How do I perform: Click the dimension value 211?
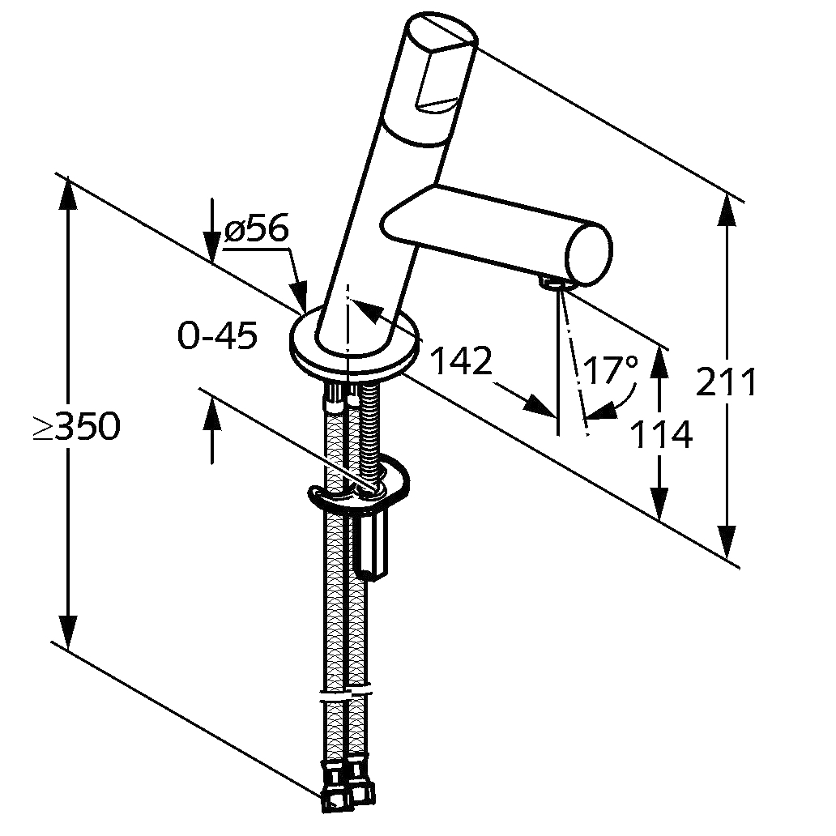(726, 382)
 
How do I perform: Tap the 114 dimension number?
(661, 434)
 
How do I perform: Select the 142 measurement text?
(461, 361)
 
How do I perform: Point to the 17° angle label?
(611, 369)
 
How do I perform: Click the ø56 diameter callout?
(257, 230)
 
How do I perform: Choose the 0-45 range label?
(218, 335)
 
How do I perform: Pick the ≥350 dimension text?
(77, 427)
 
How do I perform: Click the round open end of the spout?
(589, 255)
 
